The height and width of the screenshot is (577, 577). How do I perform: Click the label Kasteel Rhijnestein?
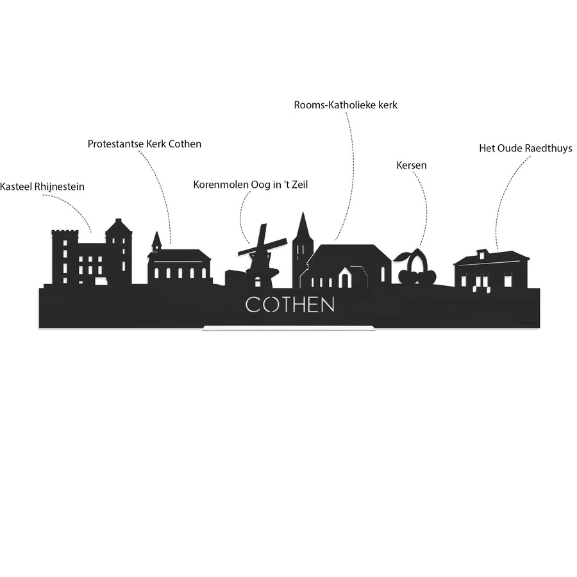pos(42,187)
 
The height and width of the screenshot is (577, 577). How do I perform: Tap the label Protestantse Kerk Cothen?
pos(144,144)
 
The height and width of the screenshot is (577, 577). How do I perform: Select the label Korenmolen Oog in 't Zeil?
pos(250,185)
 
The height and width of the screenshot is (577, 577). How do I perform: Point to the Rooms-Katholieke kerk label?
pos(346,105)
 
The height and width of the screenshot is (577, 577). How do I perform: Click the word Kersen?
pos(412,165)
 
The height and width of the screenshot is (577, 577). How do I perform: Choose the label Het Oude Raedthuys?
pos(526,148)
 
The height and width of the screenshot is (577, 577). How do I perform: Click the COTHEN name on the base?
pos(290,305)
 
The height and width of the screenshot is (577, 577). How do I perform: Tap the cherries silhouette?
pos(415,267)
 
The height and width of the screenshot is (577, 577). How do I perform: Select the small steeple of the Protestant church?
pos(157,242)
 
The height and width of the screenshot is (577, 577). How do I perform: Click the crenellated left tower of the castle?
pos(65,257)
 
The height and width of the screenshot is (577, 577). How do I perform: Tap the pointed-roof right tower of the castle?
pos(119,250)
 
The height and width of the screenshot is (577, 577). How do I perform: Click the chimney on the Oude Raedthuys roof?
pos(481,254)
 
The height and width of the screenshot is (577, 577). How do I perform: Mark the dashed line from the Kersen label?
pos(423,207)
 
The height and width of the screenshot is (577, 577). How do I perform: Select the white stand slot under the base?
pos(288,328)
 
